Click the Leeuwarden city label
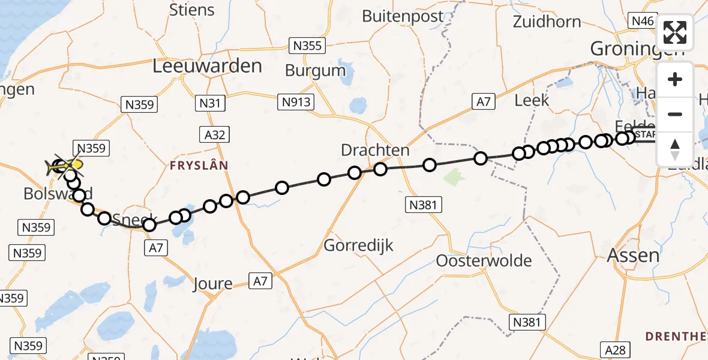click(207, 65)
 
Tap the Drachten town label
click(375, 150)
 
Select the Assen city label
click(633, 255)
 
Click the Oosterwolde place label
click(484, 260)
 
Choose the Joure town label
click(212, 283)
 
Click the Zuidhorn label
click(547, 22)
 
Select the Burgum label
click(315, 70)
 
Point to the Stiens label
click(192, 10)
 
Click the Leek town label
click(532, 100)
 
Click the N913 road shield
click(296, 102)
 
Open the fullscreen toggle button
click(675, 32)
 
